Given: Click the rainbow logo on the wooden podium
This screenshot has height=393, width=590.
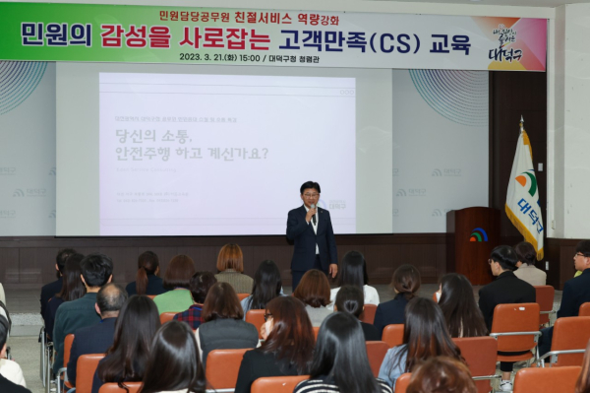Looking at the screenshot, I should point(478,234).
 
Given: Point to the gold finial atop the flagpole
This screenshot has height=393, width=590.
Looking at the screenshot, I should point(521,120).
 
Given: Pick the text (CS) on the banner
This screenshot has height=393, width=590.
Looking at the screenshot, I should point(387,42).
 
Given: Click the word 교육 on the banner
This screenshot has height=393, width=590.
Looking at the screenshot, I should point(449,42).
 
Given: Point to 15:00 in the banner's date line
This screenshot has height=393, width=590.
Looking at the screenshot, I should point(249,58).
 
